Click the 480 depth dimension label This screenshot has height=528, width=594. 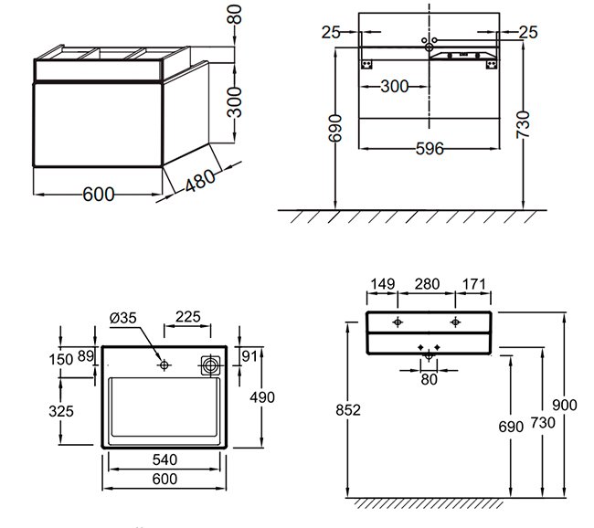pos(200,180)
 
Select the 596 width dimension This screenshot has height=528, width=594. pos(430,149)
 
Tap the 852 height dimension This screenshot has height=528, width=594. pos(348,410)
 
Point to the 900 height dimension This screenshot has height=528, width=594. pos(565,405)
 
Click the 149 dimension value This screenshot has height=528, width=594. pos(383,284)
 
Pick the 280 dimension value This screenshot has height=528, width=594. pos(427,284)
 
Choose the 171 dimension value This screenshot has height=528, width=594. pos(473,284)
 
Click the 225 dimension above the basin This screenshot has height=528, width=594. pos(188,317)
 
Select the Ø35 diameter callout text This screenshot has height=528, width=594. pos(122,318)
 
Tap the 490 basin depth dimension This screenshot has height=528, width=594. pos(262,397)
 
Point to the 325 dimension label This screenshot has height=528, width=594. pos(61,411)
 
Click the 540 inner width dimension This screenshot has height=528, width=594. pos(164,459)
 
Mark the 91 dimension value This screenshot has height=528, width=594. pos(249,356)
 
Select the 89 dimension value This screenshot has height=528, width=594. pos(85,356)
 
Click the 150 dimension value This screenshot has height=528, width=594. pos(60,359)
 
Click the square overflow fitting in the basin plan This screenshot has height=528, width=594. pos(210,365)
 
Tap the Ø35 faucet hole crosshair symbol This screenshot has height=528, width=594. pos(164,365)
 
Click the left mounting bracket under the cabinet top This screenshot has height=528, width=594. pos(366,64)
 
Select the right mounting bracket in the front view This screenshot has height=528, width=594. pos(492,64)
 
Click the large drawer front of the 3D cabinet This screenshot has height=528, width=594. pos(98,124)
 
